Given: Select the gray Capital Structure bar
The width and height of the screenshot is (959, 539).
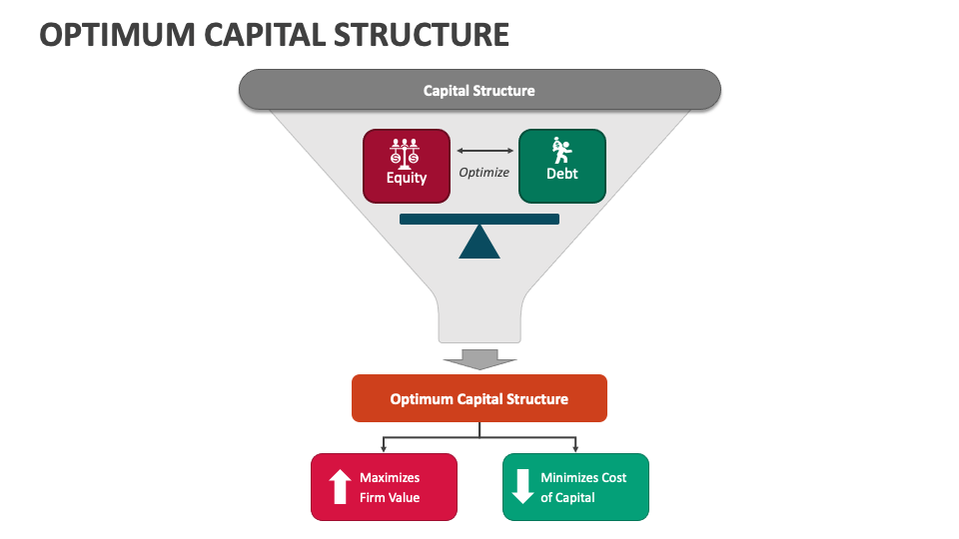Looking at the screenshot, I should [479, 90].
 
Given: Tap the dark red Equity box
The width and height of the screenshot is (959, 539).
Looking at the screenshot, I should [406, 166].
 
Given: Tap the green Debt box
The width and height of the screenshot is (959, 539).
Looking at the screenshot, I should [561, 166].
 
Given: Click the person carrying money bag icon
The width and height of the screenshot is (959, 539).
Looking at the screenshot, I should [561, 151].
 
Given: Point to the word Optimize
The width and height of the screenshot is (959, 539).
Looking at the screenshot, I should [483, 172].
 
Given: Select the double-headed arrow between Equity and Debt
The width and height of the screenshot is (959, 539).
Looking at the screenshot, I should [483, 151].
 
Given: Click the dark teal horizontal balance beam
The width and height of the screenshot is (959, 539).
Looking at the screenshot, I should [479, 219].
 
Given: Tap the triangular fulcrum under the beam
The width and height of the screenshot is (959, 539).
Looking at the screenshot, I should [479, 244].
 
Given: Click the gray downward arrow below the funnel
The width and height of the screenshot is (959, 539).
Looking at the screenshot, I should [479, 358].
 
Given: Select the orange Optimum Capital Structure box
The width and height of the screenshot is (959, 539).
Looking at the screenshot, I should [479, 398].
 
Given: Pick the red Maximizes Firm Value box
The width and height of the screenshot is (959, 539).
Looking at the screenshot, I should [384, 487].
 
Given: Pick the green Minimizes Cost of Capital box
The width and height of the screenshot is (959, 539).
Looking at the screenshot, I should [575, 487].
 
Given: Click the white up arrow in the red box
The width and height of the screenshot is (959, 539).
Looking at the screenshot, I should [340, 487].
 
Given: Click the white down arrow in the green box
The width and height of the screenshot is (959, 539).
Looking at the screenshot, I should [522, 487].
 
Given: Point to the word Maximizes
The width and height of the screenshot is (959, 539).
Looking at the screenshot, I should [390, 477].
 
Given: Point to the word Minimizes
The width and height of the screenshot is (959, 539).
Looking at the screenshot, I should [569, 477].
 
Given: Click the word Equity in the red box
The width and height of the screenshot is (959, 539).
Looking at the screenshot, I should [407, 178].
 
